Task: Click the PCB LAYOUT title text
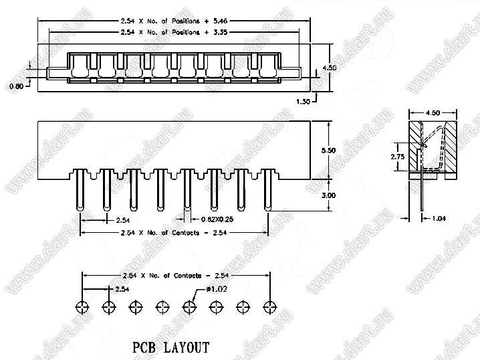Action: coord(170,348)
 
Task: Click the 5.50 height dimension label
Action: coord(329,151)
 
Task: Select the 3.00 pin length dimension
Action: coord(329,195)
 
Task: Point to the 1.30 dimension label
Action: coord(303,100)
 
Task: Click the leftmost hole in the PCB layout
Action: coord(82,307)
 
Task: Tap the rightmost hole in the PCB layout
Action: coord(269,307)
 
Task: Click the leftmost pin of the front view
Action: coord(80,191)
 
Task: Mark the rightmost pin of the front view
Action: coord(267,191)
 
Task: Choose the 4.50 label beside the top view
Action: coord(329,68)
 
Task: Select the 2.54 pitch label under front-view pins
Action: coord(122,219)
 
